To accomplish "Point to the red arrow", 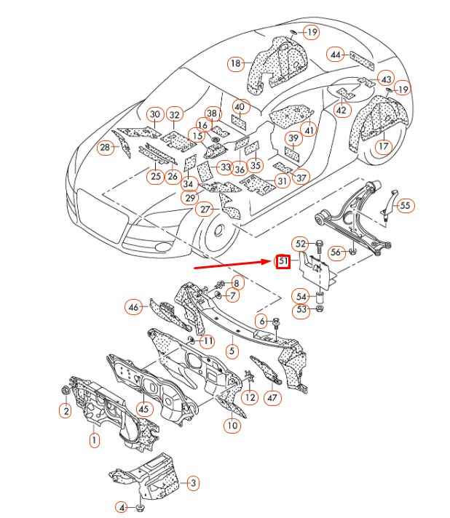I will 233,265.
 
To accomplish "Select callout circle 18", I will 235,64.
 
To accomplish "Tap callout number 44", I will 335,55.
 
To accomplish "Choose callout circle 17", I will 384,146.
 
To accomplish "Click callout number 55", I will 405,206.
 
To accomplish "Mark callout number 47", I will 272,398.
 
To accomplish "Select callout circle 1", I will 93,439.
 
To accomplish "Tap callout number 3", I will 193,482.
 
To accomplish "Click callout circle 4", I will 122,507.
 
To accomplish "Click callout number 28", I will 106,148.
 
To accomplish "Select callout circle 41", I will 310,130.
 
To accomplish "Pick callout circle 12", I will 250,397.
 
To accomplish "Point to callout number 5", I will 232,351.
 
